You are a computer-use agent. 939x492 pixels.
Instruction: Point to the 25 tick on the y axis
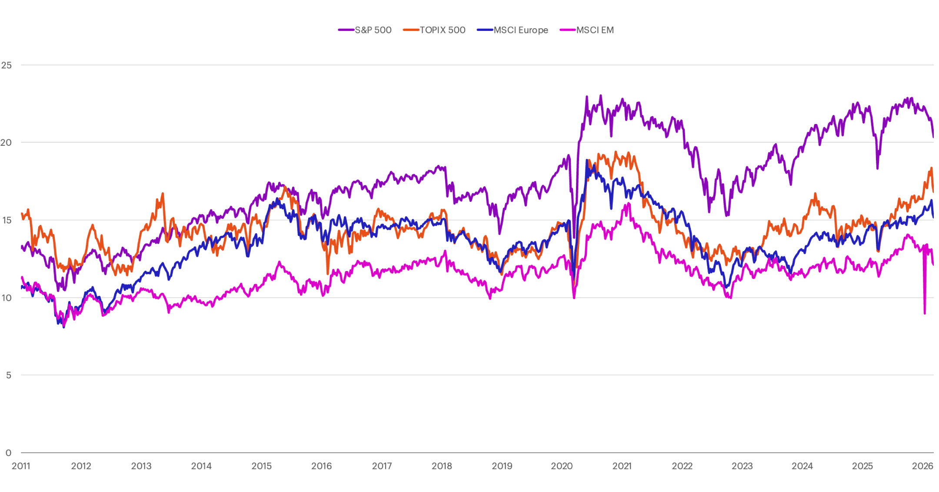point(7,65)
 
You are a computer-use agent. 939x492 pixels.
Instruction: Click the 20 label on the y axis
point(6,143)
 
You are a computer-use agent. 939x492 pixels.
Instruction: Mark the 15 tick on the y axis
point(7,220)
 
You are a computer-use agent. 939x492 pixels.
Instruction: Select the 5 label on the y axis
point(9,375)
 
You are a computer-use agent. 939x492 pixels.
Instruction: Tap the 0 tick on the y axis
point(9,453)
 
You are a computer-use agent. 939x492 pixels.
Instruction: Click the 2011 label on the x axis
point(21,466)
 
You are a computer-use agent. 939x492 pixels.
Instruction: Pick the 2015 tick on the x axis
point(261,466)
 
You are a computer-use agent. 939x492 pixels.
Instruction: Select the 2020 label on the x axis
point(562,466)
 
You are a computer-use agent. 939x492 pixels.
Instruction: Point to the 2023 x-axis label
point(742,466)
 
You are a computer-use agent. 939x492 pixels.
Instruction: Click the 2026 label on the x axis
point(922,466)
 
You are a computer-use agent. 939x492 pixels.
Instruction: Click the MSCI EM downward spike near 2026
point(924,312)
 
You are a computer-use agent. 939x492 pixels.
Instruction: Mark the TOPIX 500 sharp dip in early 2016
point(328,273)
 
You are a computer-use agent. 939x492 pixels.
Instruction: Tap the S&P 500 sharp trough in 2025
point(877,167)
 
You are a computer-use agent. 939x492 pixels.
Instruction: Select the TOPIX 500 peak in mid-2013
point(163,194)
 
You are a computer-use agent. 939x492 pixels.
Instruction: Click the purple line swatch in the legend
point(346,30)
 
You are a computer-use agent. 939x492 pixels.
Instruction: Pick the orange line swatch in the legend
point(411,30)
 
